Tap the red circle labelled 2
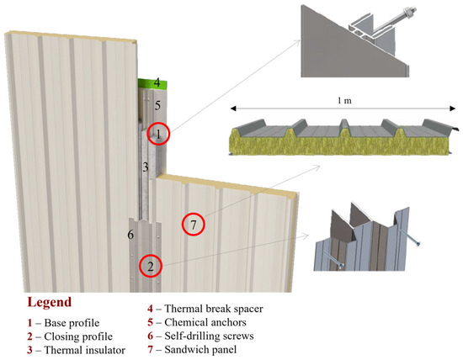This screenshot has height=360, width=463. [x=140, y=266]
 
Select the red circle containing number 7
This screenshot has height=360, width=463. [x=183, y=225]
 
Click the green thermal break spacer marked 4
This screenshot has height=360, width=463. [x=152, y=83]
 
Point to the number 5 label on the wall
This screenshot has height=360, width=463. [x=157, y=105]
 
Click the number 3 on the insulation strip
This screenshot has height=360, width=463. [x=146, y=167]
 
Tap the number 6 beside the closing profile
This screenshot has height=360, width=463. [x=130, y=235]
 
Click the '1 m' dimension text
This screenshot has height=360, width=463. [x=344, y=101]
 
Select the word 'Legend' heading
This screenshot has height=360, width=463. [x=50, y=302]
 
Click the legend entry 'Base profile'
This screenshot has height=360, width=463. [x=72, y=323]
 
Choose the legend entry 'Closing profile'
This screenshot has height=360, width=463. [x=78, y=336]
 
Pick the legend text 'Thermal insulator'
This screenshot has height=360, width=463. [x=85, y=350]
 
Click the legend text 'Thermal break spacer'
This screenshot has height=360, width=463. [x=214, y=309]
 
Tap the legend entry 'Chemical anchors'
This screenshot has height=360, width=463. [x=205, y=322]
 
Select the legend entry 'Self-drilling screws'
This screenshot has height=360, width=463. [x=209, y=336]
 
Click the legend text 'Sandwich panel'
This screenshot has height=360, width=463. [x=200, y=350]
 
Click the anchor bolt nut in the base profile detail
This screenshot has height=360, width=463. [x=408, y=13]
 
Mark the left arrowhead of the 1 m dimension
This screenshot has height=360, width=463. [x=233, y=109]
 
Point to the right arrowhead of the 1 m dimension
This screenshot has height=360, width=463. [x=452, y=109]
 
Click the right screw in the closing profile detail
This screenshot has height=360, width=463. [x=409, y=237]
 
